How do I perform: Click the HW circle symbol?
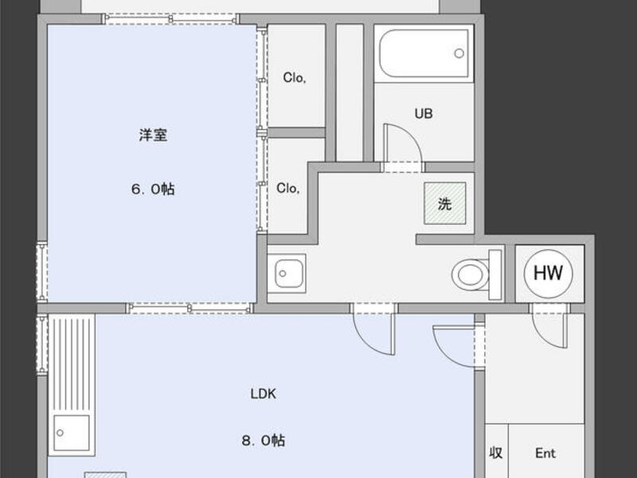tap(548, 273)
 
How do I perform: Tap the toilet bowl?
tap(470, 275)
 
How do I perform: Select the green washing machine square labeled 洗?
tap(445, 203)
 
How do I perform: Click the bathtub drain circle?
tap(459, 53)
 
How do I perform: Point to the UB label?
tap(424, 113)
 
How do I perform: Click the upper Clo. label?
tap(295, 77)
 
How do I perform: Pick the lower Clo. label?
tap(288, 188)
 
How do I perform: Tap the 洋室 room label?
tap(153, 135)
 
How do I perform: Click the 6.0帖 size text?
tap(153, 189)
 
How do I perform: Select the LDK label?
tap(264, 394)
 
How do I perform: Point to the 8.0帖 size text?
tap(264, 441)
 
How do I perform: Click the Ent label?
tap(545, 453)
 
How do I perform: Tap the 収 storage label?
tap(495, 453)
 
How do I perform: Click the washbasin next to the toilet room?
tap(287, 273)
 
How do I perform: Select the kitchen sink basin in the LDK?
tap(72, 433)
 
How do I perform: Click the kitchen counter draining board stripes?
tap(72, 364)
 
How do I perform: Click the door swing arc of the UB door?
tap(407, 138)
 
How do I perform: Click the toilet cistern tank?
tap(495, 275)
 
